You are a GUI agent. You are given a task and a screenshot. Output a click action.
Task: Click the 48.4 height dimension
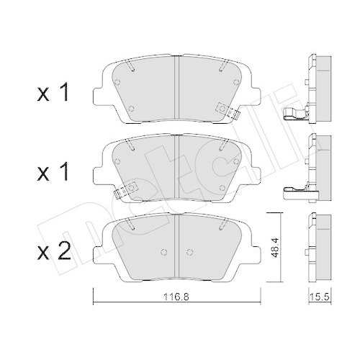tap(275, 248)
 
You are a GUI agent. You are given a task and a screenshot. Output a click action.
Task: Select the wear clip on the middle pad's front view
tap(121, 192)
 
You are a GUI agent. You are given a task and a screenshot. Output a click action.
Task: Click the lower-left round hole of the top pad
tap(132, 109)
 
